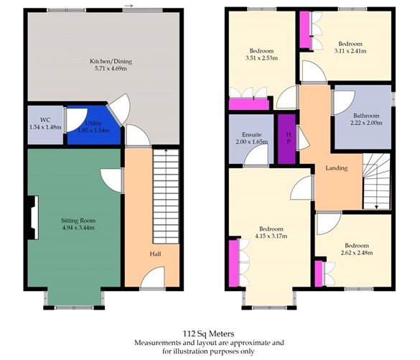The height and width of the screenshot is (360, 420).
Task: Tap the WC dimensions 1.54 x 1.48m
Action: pyautogui.click(x=45, y=127)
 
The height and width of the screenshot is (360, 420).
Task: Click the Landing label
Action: pyautogui.click(x=336, y=168)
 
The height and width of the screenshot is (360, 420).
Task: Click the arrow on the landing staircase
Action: pyautogui.click(x=376, y=206)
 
